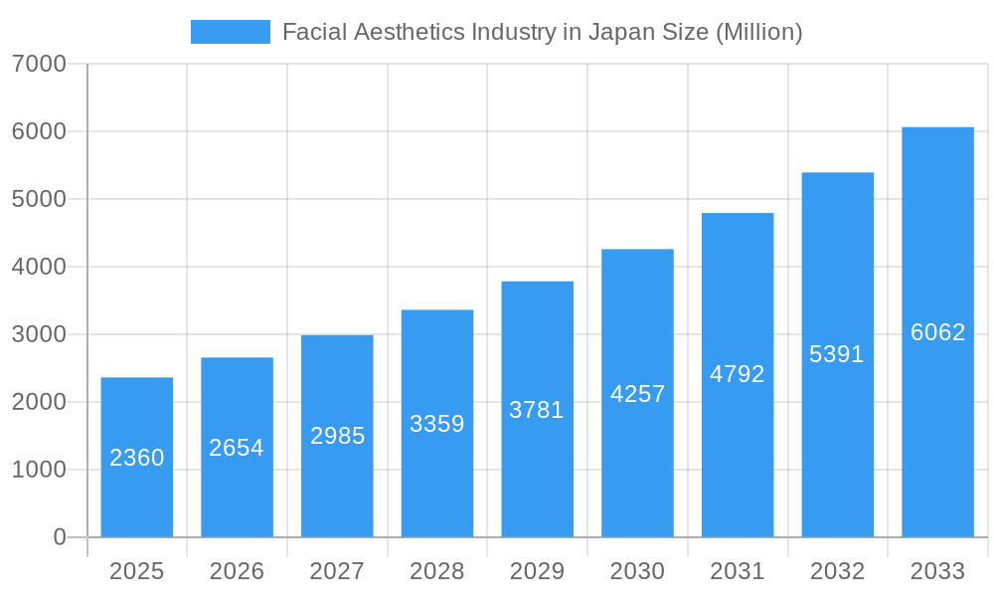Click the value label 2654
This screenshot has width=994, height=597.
237,448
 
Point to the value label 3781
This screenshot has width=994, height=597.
537,410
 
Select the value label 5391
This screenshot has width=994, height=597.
837,354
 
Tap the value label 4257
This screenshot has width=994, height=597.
637,394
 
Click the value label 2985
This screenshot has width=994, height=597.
337,436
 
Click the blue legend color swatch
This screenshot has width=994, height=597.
230,32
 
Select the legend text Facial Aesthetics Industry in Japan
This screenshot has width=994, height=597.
467,32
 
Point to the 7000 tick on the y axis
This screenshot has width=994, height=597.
39,65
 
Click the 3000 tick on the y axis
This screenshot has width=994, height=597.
39,334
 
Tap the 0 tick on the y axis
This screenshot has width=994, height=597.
59,537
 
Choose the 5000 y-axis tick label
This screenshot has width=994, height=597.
39,199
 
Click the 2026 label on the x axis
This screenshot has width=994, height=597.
237,571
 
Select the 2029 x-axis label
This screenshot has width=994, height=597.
537,571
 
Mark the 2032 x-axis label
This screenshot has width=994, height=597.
837,571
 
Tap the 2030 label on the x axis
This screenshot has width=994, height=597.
637,571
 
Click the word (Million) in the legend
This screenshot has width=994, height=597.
758,32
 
